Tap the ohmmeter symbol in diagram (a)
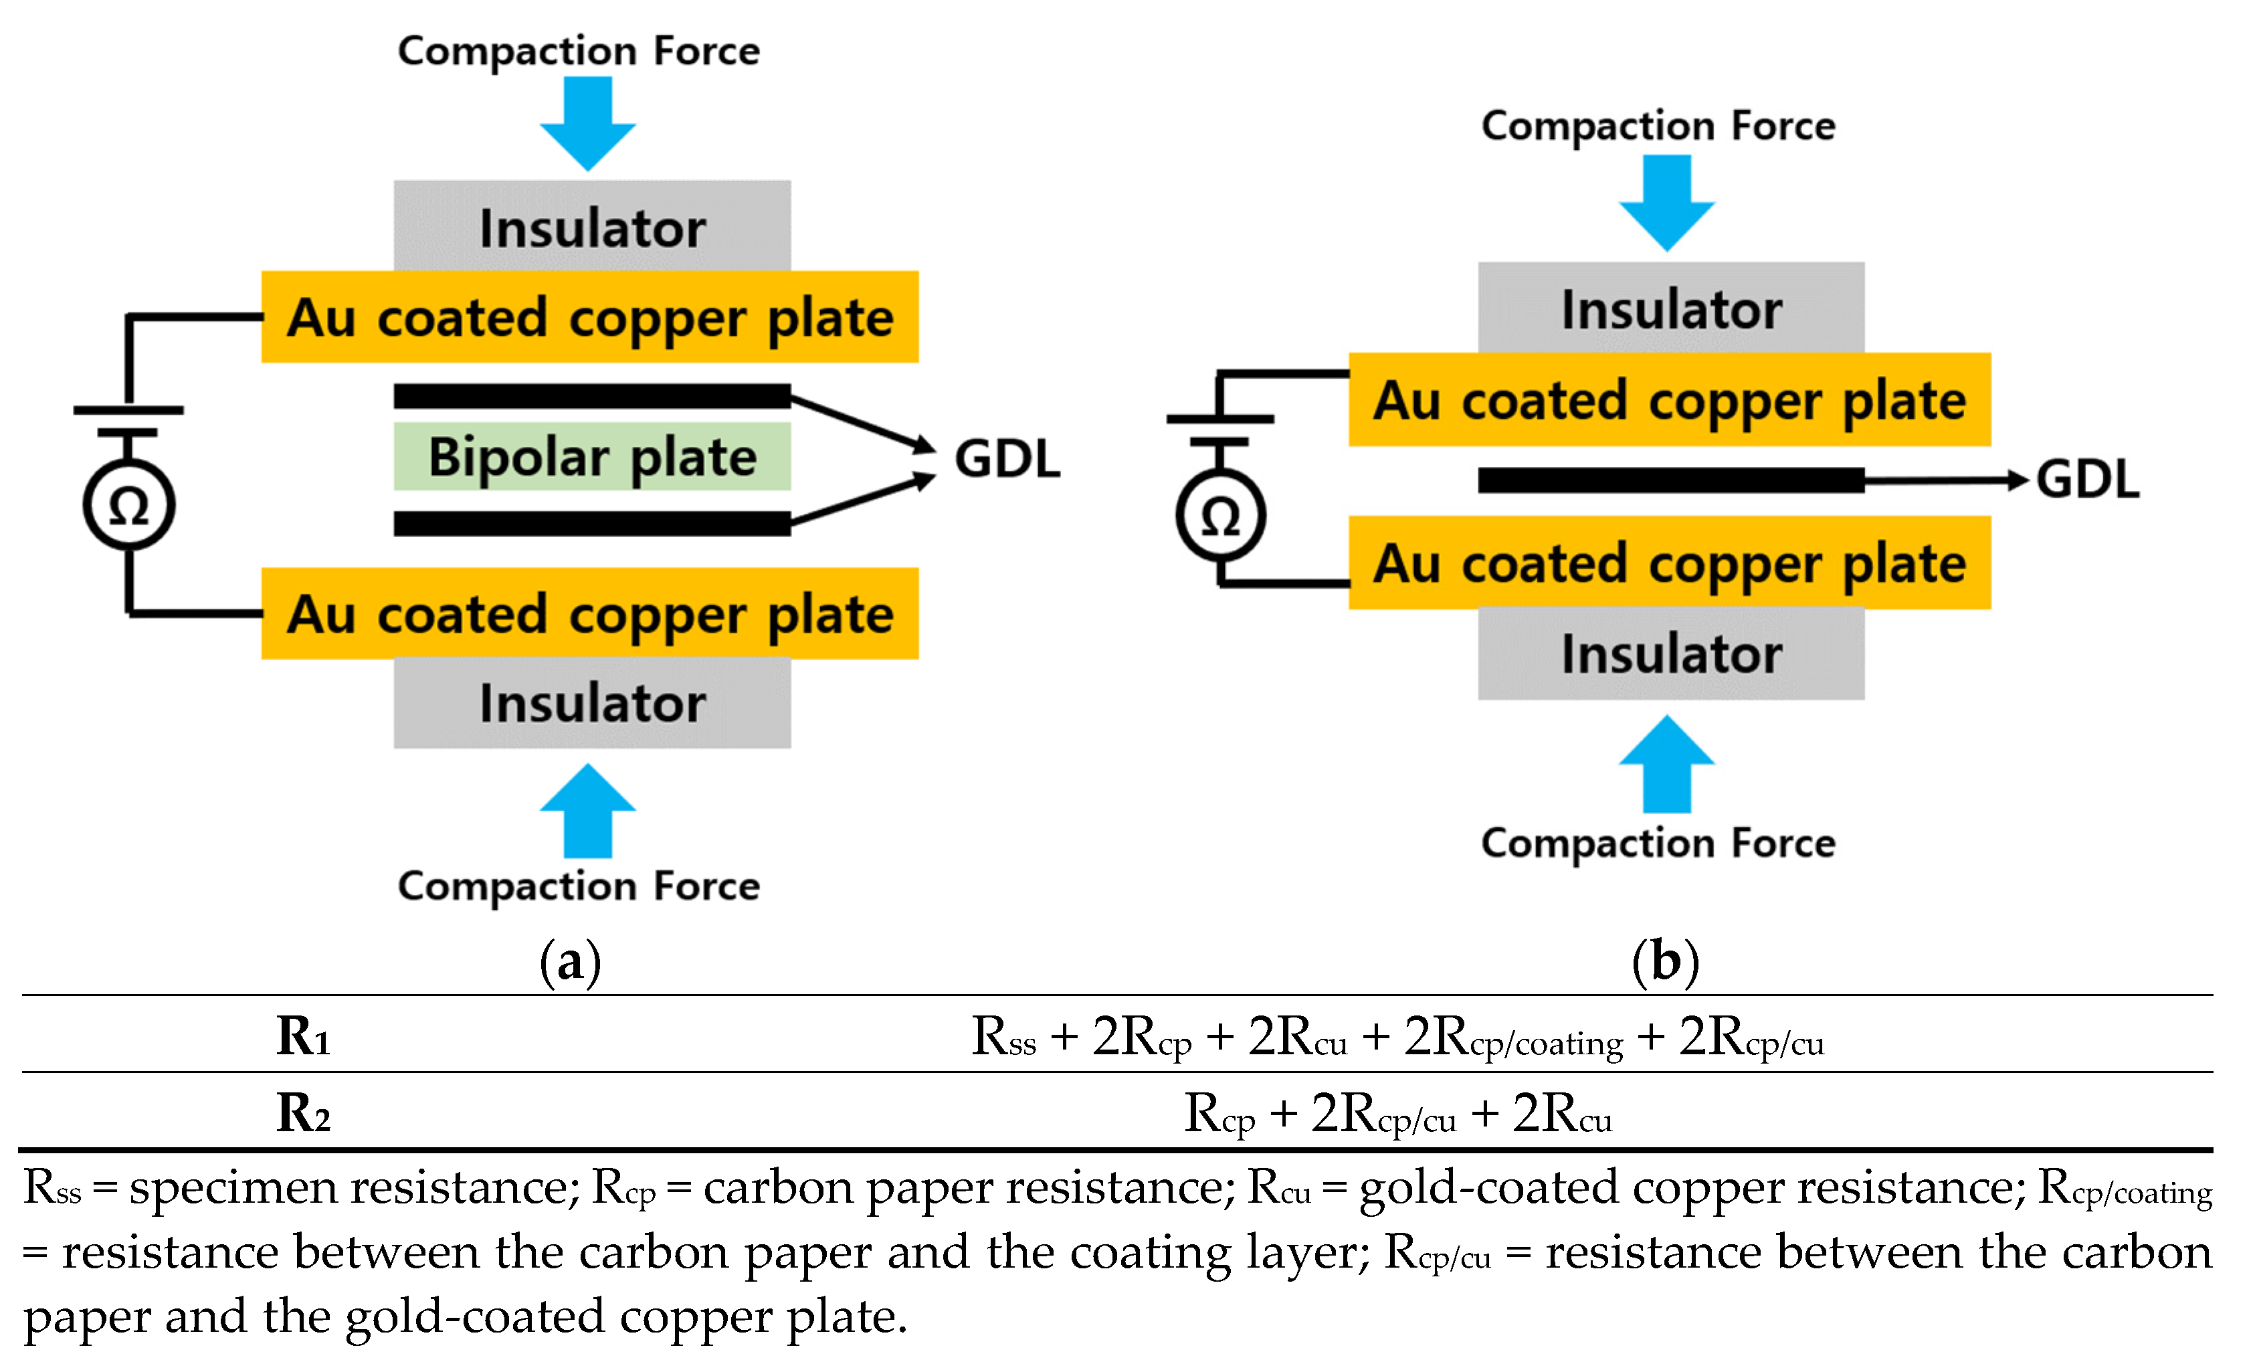pyautogui.click(x=129, y=505)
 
